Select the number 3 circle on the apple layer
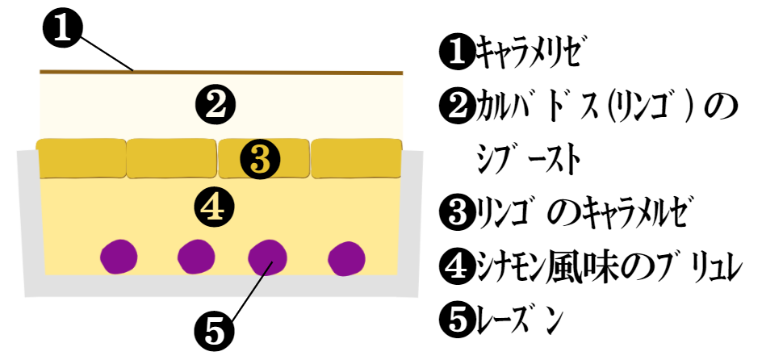(261, 159)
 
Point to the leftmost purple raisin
(119, 256)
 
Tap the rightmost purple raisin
(346, 257)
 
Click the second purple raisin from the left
(196, 256)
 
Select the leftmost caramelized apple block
(82, 158)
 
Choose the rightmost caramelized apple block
(357, 158)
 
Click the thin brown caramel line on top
(221, 73)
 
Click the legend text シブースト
(528, 159)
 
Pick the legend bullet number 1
(456, 53)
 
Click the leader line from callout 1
(107, 53)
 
